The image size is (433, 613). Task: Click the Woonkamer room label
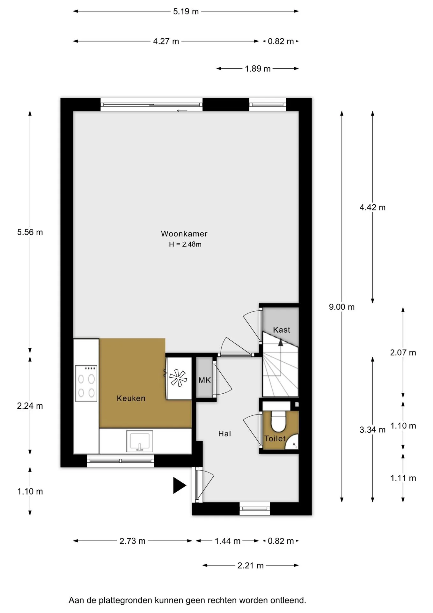coord(184,234)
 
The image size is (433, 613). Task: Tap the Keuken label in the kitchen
coord(131,398)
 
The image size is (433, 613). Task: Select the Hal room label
coord(224,434)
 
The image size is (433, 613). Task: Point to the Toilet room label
coord(275,438)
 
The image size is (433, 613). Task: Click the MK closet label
coord(204,380)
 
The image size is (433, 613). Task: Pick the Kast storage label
coord(282,330)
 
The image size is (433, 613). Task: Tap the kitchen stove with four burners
coord(86,383)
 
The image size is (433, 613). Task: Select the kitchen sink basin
coord(139,441)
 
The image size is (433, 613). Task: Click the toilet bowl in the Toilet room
coord(278,421)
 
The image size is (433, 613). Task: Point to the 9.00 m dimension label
coord(341,307)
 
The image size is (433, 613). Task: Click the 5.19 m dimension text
coord(186,11)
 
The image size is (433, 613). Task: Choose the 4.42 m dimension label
coord(372,207)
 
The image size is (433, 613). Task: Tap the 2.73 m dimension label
coord(132,541)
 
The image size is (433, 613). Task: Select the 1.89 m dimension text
coord(258,69)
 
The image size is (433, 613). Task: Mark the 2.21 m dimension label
coord(250,565)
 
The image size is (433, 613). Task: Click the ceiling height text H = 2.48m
coord(185,244)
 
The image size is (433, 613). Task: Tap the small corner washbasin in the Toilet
coord(292,442)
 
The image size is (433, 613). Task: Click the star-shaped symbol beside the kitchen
coord(178,378)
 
